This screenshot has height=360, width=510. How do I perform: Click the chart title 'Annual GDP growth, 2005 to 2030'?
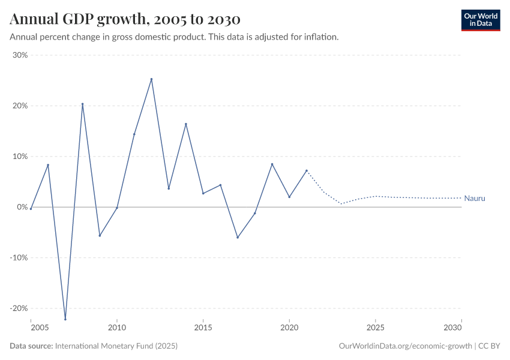[125, 19]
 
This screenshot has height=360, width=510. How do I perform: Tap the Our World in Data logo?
[480, 20]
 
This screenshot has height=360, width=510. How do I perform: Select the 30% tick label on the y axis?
[20, 55]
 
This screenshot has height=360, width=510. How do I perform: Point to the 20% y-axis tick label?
[20, 106]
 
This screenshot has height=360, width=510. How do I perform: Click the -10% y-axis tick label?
[19, 257]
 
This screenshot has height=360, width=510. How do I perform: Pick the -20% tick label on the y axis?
[19, 308]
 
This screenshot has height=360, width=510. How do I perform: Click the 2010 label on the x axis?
[117, 329]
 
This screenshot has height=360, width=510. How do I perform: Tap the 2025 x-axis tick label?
[375, 329]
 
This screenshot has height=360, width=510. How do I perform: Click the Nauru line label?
[474, 198]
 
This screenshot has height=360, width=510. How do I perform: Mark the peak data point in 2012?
[151, 79]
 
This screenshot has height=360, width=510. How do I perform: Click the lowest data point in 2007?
[65, 319]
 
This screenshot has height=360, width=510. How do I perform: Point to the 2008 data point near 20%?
[83, 104]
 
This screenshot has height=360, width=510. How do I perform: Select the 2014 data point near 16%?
[186, 124]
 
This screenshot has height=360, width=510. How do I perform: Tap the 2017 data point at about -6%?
[238, 238]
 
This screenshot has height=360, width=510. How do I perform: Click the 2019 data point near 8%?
[272, 164]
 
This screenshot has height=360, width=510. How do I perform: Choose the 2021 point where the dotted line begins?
[307, 170]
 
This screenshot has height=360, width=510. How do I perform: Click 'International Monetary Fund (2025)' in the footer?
[116, 346]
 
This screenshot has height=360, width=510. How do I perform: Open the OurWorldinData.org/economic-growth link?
[406, 346]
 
